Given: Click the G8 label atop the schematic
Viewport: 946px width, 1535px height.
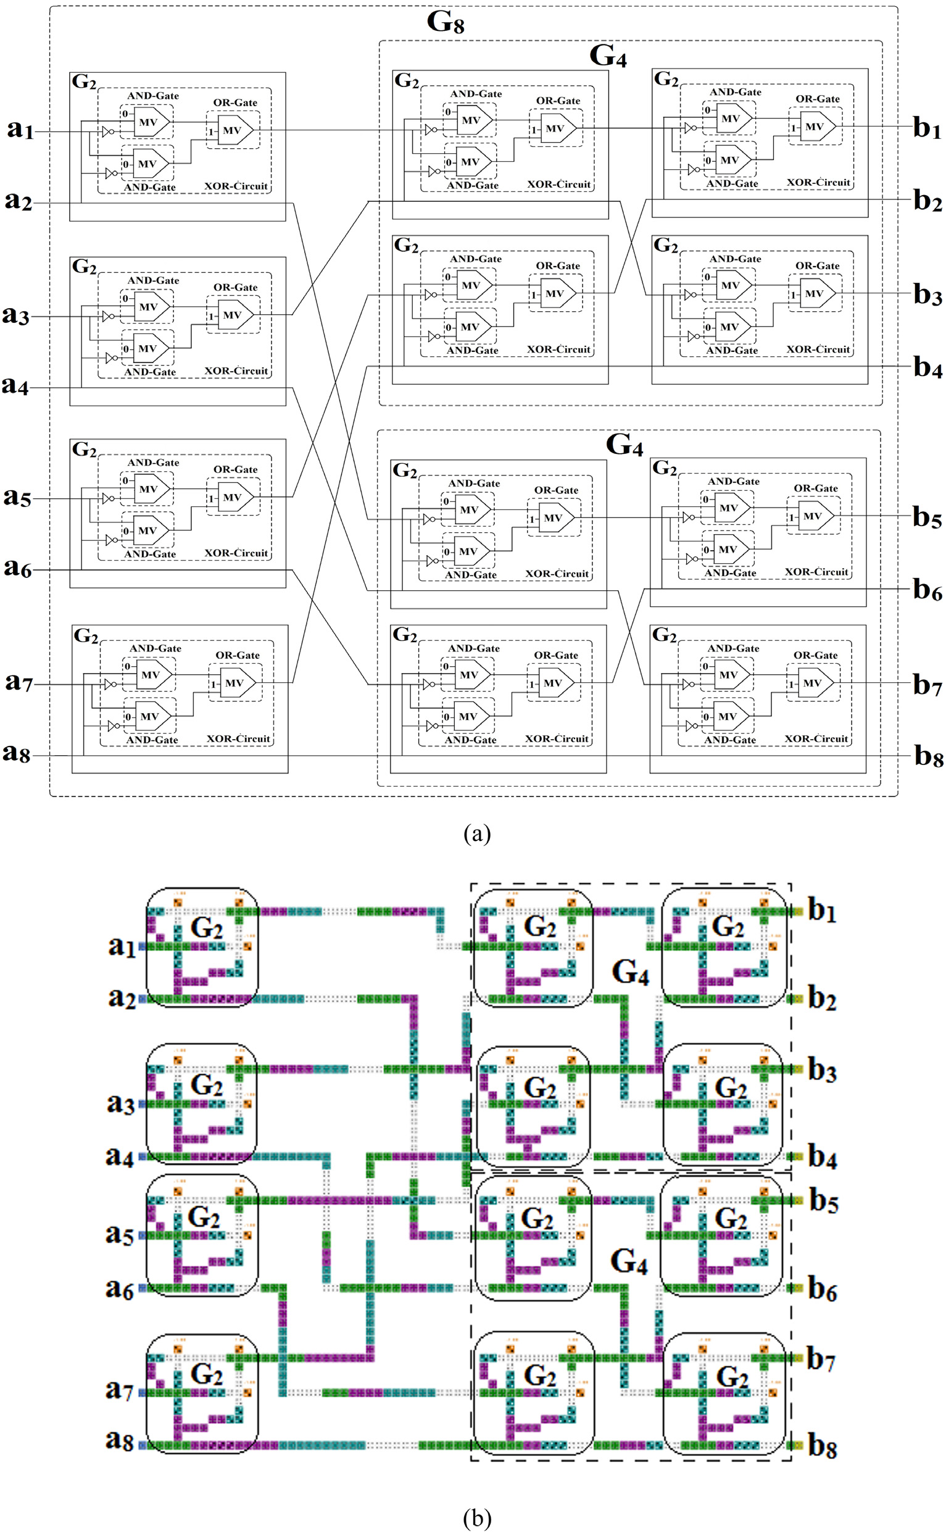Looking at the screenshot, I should pyautogui.click(x=446, y=22).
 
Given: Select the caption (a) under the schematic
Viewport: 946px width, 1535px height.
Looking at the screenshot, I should pyautogui.click(x=477, y=833).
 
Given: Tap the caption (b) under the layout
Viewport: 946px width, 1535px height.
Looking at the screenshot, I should pyautogui.click(x=477, y=1518).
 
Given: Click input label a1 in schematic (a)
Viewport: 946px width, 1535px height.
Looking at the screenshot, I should pyautogui.click(x=20, y=129).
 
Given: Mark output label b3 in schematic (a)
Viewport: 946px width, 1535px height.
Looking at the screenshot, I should pyautogui.click(x=927, y=294).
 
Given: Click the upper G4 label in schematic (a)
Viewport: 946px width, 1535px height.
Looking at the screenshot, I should pyautogui.click(x=607, y=56).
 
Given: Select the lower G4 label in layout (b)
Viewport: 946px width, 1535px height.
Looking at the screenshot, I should pyautogui.click(x=628, y=1261).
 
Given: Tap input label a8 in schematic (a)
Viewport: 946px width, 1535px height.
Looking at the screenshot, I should pyautogui.click(x=17, y=753).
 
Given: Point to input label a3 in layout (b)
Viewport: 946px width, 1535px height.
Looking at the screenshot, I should pyautogui.click(x=121, y=1103).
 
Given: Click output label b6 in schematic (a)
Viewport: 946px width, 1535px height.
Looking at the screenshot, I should pyautogui.click(x=927, y=589).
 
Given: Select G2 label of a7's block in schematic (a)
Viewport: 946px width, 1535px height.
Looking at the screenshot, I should pyautogui.click(x=86, y=636).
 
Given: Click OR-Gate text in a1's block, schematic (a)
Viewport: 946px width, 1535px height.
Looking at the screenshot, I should pyautogui.click(x=235, y=102).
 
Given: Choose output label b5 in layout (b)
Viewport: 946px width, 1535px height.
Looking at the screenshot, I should pyautogui.click(x=823, y=1201).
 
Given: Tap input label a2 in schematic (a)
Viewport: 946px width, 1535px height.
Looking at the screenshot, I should pyautogui.click(x=18, y=201).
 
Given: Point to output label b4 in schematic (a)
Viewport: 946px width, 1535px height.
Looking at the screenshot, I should pyautogui.click(x=927, y=367).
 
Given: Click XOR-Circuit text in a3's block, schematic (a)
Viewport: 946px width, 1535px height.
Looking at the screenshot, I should pyautogui.click(x=236, y=370).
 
